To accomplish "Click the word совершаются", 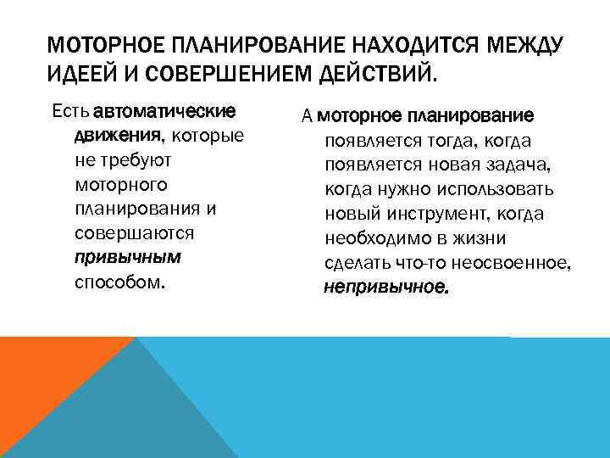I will pos(135,232).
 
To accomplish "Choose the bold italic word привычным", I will pos(128,257).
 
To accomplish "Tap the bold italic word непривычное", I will pos(387,287).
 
